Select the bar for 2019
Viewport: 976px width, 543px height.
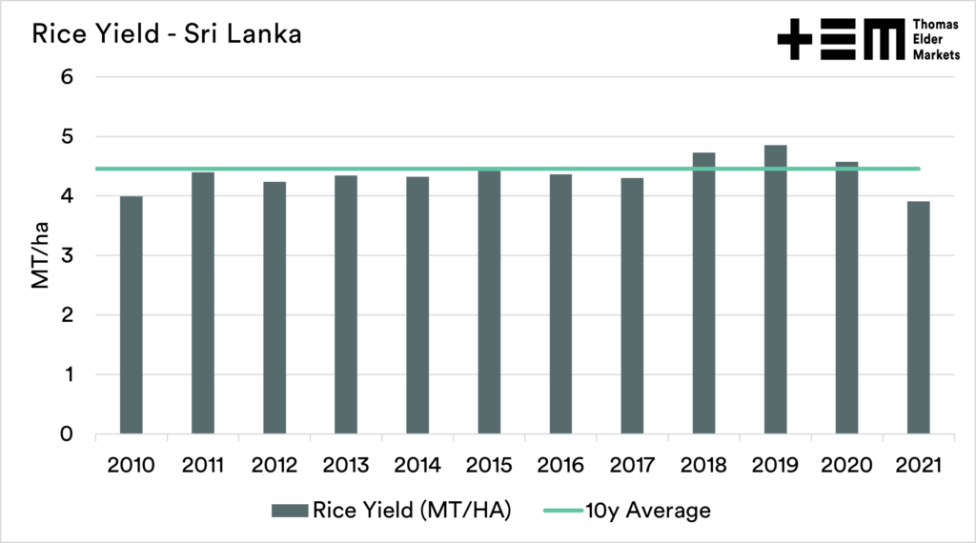tap(775, 291)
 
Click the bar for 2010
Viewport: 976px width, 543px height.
tap(131, 315)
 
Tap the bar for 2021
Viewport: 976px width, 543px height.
tap(918, 318)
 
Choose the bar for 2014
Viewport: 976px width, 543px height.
tap(417, 306)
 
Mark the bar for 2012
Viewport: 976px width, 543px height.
tap(274, 308)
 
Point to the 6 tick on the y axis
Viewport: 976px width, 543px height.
tap(68, 77)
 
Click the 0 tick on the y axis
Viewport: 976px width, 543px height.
tap(68, 435)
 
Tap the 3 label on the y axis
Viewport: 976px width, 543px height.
tap(68, 256)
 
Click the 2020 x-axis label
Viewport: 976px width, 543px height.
tap(846, 465)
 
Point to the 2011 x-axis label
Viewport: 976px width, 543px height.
tap(202, 465)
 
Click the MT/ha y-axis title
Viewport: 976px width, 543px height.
tap(40, 255)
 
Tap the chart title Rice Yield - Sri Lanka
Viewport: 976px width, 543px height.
tap(168, 35)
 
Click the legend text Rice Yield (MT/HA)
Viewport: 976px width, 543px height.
tap(415, 511)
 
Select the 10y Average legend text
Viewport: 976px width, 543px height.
tap(649, 511)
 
